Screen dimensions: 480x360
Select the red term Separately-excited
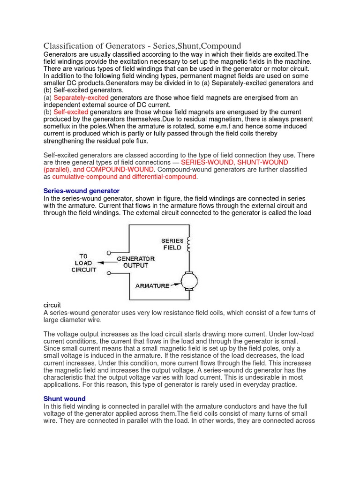point(81,97)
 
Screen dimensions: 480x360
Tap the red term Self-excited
point(70,112)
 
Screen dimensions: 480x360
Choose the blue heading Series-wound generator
point(81,191)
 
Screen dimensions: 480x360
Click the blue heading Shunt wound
point(64,398)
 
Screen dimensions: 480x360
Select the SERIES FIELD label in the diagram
point(172,244)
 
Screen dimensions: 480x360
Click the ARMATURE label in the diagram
point(152,285)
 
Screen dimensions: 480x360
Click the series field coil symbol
point(189,244)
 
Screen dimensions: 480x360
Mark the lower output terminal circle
point(109,272)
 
